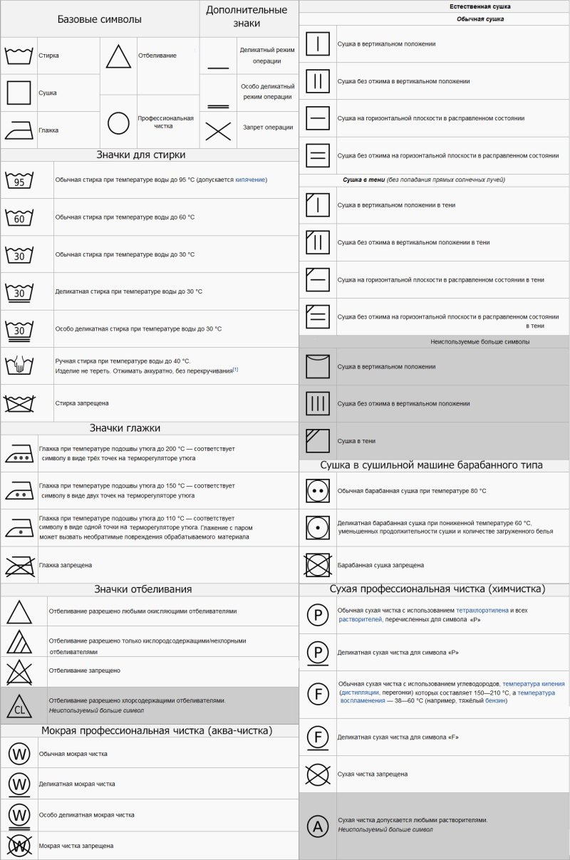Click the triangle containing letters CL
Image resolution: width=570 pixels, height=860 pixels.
(x=19, y=706)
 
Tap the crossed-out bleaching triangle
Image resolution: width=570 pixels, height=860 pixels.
(x=19, y=671)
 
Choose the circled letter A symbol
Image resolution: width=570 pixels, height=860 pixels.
(x=318, y=826)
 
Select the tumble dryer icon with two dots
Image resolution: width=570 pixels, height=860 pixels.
(x=318, y=491)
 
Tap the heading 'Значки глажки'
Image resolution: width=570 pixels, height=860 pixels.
(x=125, y=428)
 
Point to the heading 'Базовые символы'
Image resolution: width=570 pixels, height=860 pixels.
(x=100, y=19)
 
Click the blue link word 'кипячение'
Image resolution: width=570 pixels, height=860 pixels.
(x=250, y=180)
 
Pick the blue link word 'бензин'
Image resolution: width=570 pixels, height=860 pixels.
(x=495, y=700)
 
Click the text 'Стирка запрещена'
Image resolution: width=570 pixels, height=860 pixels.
(x=82, y=403)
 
